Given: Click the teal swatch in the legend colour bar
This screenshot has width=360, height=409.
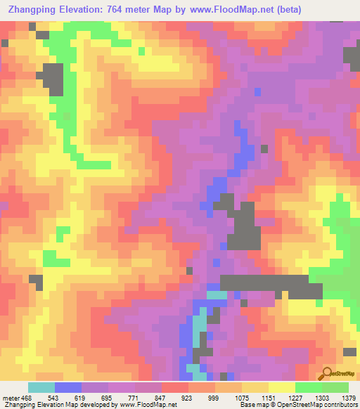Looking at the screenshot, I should coord(41,387).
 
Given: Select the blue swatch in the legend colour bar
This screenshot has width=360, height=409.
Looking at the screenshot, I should coord(68,387).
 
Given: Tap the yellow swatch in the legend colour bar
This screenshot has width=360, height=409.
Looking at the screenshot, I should coord(281,387).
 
